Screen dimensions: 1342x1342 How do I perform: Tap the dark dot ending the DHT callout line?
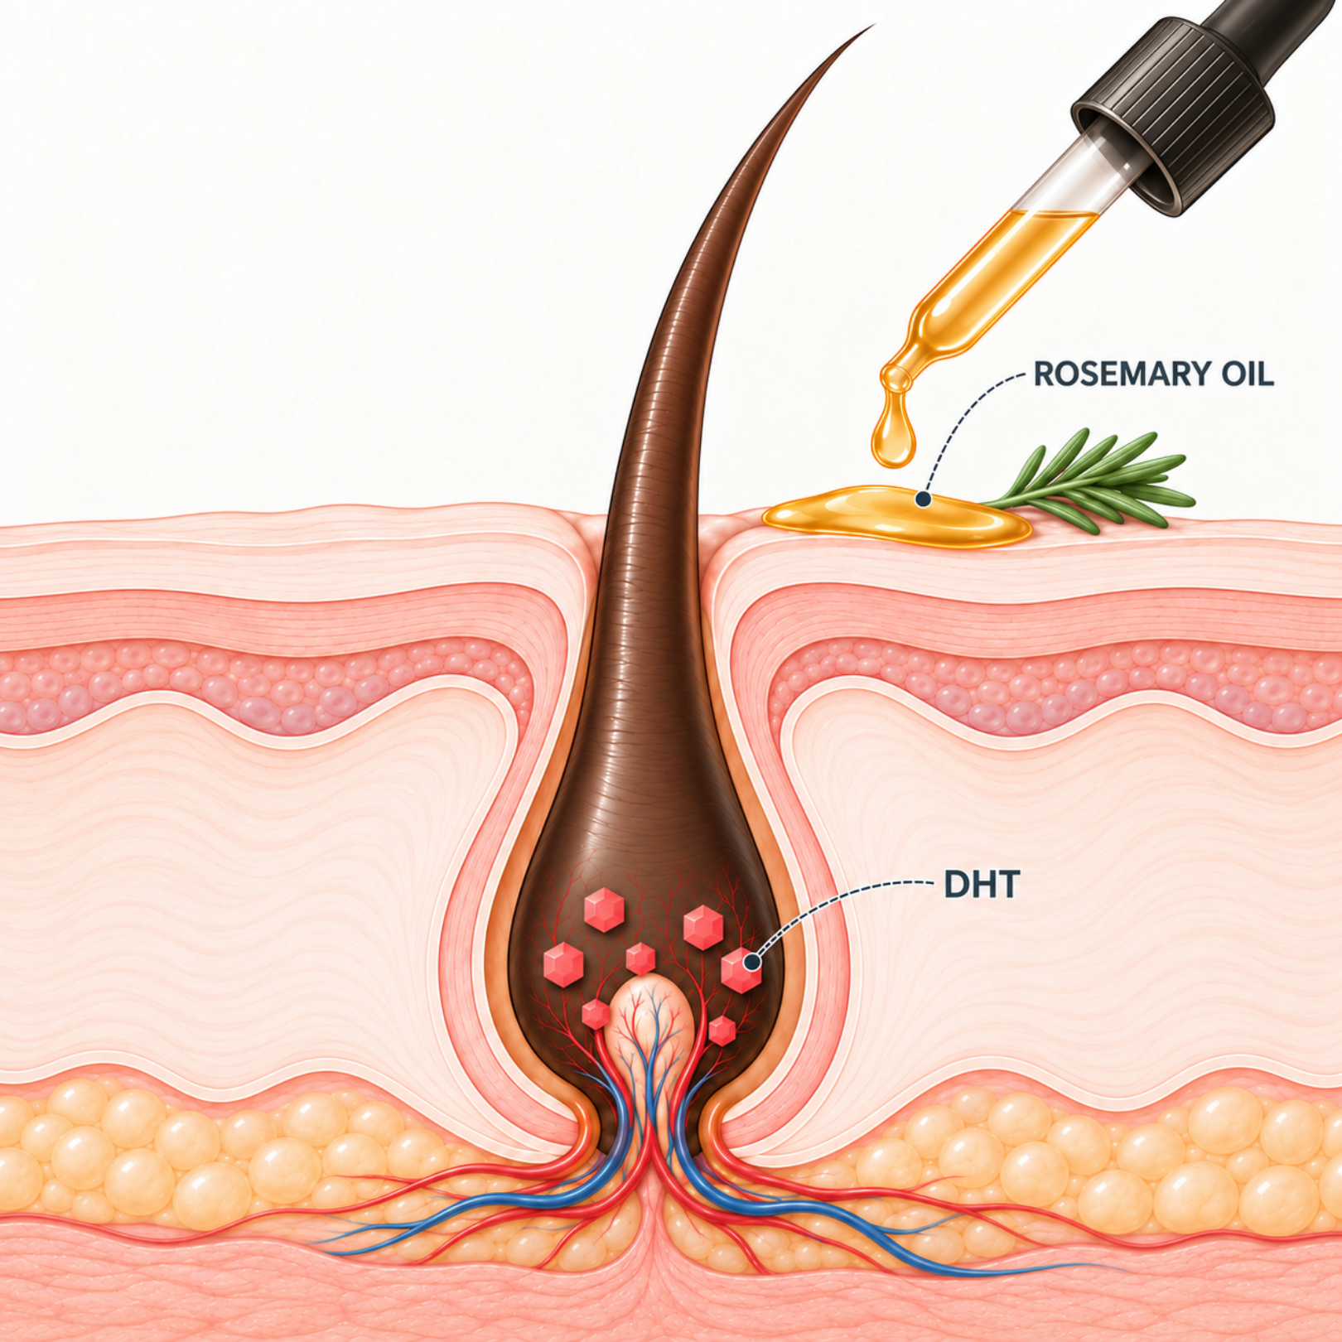[752, 962]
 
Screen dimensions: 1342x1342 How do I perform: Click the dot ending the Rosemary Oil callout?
[922, 499]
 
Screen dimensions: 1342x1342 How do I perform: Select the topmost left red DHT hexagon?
[603, 910]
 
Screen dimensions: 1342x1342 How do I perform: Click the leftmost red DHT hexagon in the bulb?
[563, 964]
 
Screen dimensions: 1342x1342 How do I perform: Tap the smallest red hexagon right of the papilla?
[722, 1031]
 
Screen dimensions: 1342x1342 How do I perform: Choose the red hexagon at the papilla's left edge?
[595, 1014]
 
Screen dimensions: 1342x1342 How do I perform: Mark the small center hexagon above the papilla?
[640, 959]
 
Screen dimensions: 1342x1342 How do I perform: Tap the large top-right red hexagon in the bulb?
[702, 927]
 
